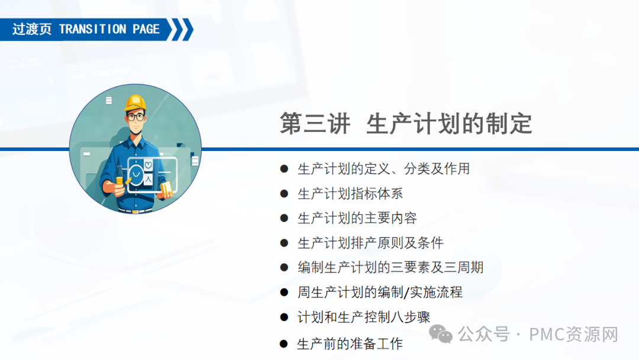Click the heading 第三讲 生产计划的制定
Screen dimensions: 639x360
pos(406,124)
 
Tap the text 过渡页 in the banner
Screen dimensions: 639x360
pos(32,30)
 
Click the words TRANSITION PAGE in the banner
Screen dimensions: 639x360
pos(109,30)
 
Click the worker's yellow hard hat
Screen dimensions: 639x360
pos(135,103)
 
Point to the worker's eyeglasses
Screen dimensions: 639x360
pos(135,117)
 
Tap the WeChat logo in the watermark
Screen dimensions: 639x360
pos(441,335)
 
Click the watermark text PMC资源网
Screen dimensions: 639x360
pos(573,335)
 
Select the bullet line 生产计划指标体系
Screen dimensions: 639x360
pos(350,194)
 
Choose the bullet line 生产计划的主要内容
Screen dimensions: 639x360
pos(357,218)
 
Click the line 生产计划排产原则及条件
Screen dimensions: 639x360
pos(370,243)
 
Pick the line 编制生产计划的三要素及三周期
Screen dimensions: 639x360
pos(390,268)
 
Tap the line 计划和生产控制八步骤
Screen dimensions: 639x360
pos(364,317)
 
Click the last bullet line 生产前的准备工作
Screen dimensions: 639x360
pos(350,343)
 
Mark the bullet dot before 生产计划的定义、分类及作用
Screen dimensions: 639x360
pos(284,169)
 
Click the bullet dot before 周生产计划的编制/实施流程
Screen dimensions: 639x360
pos(284,292)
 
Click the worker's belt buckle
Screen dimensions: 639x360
pos(135,211)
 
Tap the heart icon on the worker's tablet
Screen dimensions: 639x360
pos(148,165)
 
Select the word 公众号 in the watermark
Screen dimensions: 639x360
pos(483,335)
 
